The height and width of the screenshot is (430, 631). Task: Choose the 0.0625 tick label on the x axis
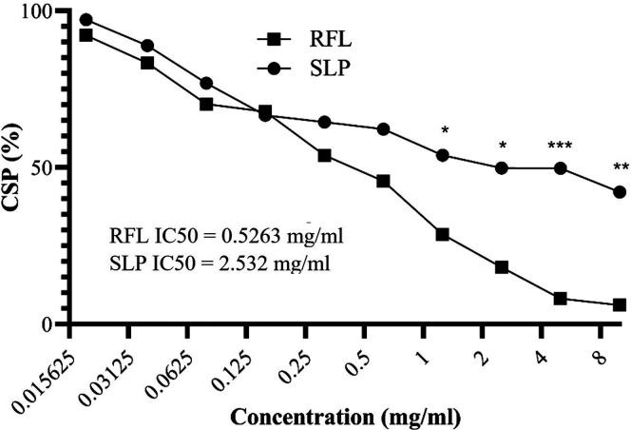click(170, 360)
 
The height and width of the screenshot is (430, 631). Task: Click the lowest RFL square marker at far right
click(619, 305)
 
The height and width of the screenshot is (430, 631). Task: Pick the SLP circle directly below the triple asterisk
click(560, 168)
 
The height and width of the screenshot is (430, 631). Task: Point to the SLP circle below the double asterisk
click(619, 192)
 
